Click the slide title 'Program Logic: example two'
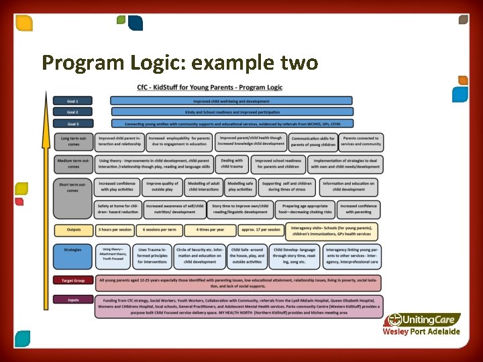[x=180, y=63]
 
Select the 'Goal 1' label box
[x=72, y=101]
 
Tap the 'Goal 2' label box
[x=72, y=112]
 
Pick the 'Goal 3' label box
[x=72, y=123]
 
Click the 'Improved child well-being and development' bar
[x=231, y=101]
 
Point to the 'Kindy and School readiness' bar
[x=231, y=112]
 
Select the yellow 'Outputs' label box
[x=73, y=230]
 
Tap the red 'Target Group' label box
[x=73, y=281]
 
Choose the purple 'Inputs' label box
[x=73, y=300]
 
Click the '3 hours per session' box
[x=115, y=230]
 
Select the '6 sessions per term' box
[x=160, y=230]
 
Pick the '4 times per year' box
[x=211, y=230]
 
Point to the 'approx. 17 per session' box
[x=260, y=230]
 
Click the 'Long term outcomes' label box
[x=73, y=141]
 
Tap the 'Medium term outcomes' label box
[x=73, y=164]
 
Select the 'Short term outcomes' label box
[x=73, y=187]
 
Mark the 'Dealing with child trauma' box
[x=232, y=164]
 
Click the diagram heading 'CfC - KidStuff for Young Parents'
[x=210, y=87]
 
